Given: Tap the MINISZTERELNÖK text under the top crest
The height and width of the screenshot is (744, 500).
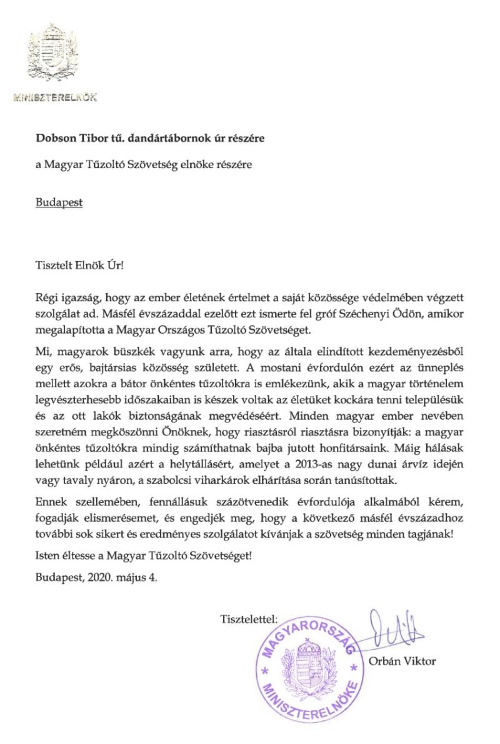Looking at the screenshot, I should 54,98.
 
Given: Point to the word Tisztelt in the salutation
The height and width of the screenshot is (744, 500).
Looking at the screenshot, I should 53,264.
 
